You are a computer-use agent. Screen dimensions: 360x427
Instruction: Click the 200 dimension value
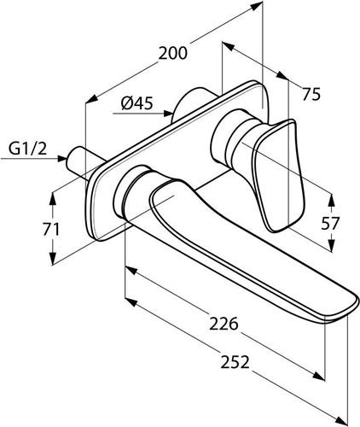coord(173,53)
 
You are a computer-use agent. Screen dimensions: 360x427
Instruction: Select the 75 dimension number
coord(311,94)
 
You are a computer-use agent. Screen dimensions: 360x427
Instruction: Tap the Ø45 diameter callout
coord(137,103)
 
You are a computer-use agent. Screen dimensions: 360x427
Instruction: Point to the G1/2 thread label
coord(27,149)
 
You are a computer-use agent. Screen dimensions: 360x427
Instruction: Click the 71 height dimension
coord(51,230)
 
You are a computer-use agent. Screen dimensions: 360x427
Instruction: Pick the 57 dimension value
coord(330,223)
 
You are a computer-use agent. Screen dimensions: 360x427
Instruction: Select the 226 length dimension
coord(224,324)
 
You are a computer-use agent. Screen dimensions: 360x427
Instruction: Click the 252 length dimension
coord(235,362)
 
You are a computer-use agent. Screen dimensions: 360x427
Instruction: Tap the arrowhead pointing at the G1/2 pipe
coord(62,158)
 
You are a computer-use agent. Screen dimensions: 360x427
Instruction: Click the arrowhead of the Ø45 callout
coord(168,114)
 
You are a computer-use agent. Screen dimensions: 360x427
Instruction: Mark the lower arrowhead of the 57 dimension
coord(331,246)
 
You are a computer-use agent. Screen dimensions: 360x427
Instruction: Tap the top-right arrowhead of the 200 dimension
coord(257,5)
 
